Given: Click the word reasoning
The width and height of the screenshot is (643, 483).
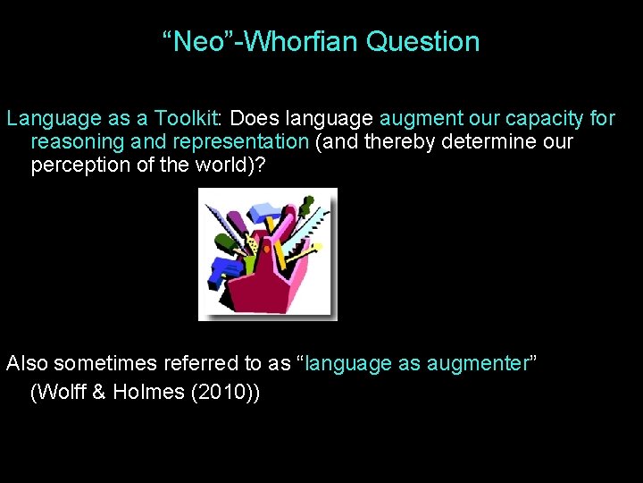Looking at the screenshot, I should (78, 142).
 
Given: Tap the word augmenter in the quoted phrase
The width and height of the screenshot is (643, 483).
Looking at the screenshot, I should (478, 363).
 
